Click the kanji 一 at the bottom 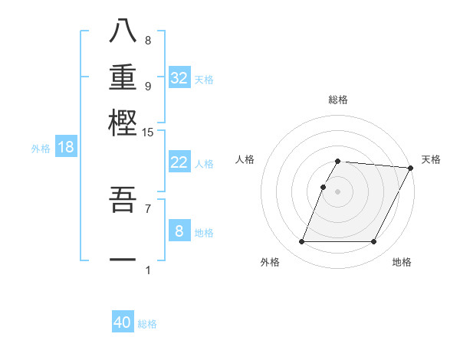tap(123, 260)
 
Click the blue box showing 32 tap(179, 78)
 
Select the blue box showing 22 tap(179, 163)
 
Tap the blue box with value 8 tap(179, 231)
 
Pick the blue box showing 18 tap(66, 148)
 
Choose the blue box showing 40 tap(123, 322)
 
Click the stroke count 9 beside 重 tap(148, 86)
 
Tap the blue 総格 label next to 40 tap(147, 324)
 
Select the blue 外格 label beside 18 tap(41, 149)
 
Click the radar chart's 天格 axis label tap(432, 159)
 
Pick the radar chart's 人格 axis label tap(245, 159)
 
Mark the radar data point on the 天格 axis tap(410, 168)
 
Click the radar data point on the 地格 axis tap(373, 242)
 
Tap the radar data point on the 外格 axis tap(301, 242)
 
